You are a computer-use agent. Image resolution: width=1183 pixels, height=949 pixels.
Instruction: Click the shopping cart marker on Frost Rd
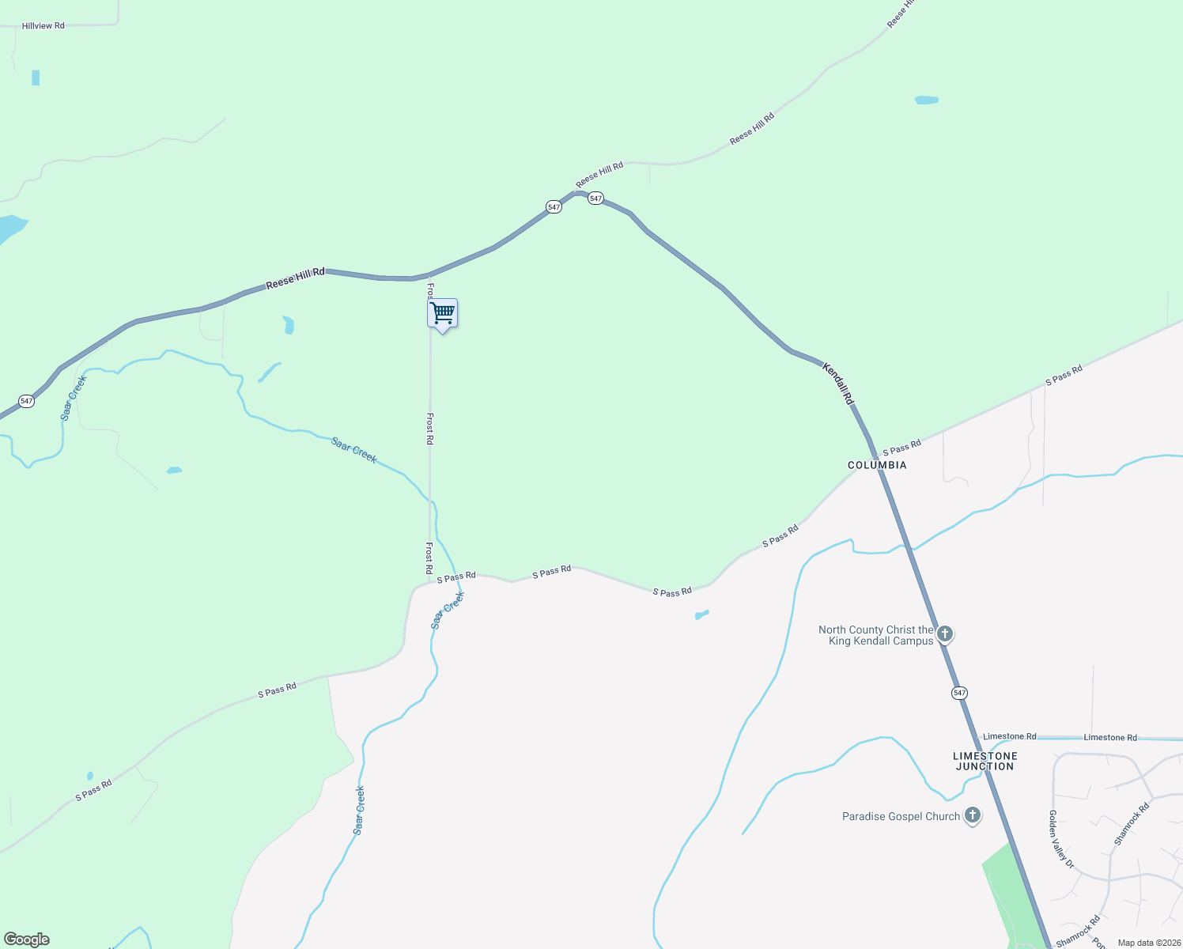tap(443, 314)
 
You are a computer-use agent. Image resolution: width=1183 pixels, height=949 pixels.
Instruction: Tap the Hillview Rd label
tap(43, 26)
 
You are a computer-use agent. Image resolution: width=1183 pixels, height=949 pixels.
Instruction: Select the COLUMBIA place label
tap(877, 465)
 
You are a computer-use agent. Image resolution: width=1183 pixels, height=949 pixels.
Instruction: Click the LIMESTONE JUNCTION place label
tap(985, 761)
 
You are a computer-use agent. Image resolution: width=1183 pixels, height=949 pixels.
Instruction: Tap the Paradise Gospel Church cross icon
tap(973, 815)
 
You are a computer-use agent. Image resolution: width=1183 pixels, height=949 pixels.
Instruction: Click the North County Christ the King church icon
tap(945, 634)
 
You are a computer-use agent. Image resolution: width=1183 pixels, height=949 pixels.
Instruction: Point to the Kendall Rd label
tap(838, 384)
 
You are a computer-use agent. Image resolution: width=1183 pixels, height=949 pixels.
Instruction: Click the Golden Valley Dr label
tap(1061, 839)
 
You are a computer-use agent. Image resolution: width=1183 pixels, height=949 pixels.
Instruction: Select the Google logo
tap(27, 940)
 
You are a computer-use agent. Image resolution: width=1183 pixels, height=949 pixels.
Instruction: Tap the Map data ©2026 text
tap(1147, 943)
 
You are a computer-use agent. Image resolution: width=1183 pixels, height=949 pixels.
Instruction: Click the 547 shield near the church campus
tap(959, 693)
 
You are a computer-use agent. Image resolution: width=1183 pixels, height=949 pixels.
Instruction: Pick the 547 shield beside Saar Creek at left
tap(27, 401)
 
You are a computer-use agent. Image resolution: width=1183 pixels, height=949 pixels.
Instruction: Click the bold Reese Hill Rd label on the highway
tap(295, 278)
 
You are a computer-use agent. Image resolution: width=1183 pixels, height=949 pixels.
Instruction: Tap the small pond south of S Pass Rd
tap(701, 614)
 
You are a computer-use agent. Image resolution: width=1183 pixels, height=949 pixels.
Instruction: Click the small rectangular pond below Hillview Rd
tap(36, 78)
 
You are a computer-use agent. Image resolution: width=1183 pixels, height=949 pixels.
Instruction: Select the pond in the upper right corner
tap(926, 100)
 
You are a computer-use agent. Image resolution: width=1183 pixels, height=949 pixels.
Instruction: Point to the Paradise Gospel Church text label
tap(901, 816)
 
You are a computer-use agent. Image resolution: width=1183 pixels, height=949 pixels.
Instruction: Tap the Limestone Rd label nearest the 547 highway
tap(1010, 736)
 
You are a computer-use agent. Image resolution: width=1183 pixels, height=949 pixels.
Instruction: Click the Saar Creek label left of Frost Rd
tap(354, 449)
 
